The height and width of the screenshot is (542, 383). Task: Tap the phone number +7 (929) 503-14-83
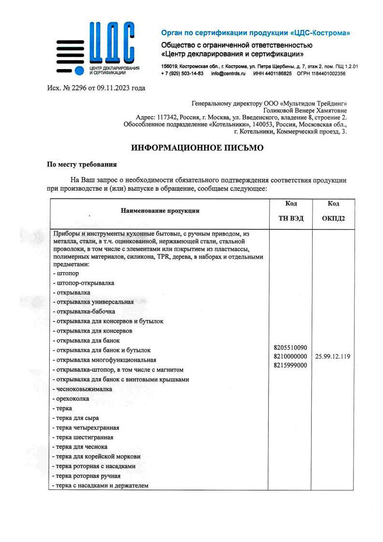[182, 74]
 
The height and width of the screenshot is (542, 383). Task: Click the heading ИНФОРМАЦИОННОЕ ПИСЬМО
[198, 148]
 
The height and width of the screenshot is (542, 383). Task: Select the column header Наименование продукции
[160, 210]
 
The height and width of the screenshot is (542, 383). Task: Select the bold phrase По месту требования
[82, 165]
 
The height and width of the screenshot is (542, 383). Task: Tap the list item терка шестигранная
[84, 437]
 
